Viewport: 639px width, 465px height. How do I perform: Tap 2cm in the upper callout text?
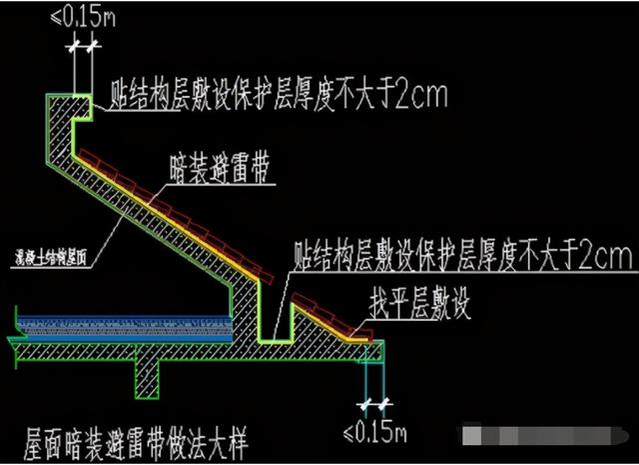(421, 96)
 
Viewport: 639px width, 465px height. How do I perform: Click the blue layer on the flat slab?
(120, 322)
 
